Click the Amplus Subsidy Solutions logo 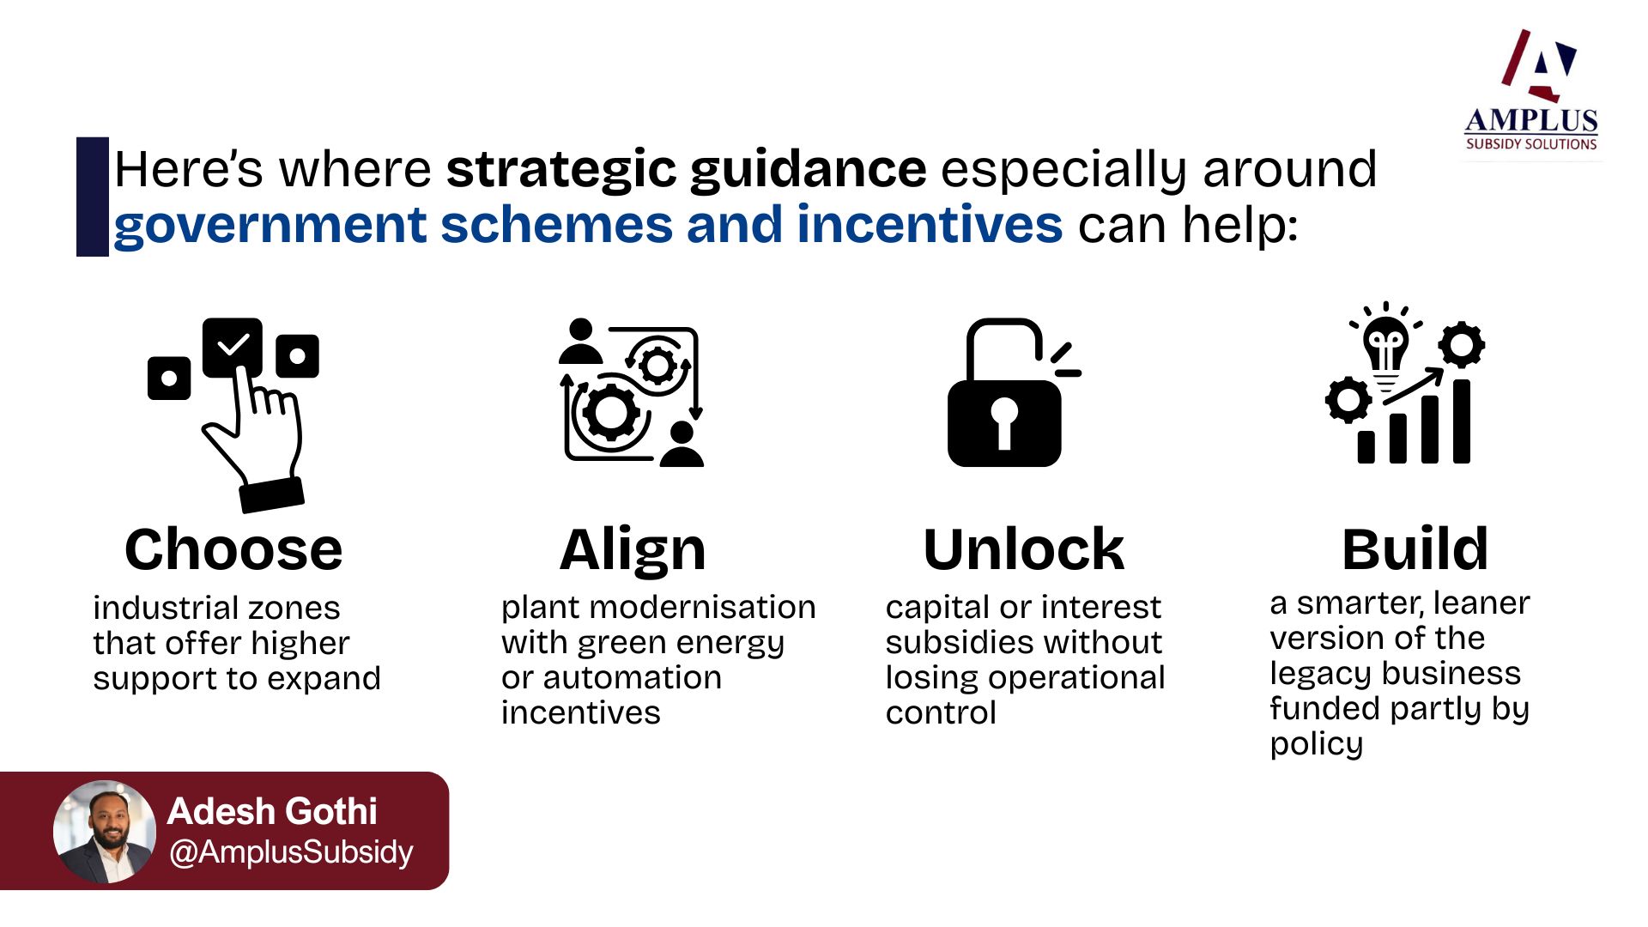[x=1531, y=91]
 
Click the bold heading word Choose [x=233, y=549]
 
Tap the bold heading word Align [x=633, y=551]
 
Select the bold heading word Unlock [x=1024, y=549]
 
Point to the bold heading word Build [x=1415, y=549]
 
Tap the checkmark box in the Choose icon [x=233, y=347]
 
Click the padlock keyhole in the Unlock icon [x=1004, y=422]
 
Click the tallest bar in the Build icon [x=1461, y=421]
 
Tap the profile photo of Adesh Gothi [x=105, y=831]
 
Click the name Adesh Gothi [x=272, y=811]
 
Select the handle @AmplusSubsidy [x=291, y=852]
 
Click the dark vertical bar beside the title [x=93, y=197]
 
